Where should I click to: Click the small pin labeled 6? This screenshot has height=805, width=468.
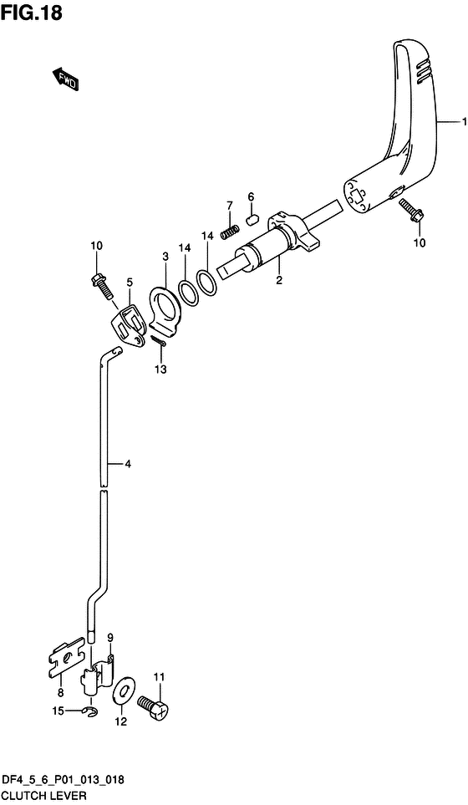249,222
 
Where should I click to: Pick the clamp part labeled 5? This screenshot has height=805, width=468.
128,323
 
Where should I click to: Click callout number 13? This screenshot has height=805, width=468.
160,369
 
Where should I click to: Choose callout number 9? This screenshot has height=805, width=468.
109,639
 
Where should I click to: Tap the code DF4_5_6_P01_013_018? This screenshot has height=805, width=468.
64,780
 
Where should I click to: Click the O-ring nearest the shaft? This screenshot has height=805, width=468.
208,283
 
